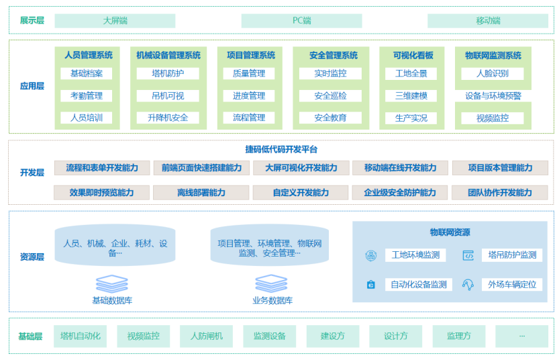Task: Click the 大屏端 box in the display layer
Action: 115,21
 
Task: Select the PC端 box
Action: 301,21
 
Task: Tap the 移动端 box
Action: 488,21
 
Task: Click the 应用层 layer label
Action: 32,86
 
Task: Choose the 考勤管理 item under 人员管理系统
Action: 87,96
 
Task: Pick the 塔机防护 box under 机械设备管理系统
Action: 168,73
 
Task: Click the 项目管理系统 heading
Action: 250,55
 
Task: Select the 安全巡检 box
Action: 331,96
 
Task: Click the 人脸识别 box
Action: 493,73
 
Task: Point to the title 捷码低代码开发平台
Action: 281,149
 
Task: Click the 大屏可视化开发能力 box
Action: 301,168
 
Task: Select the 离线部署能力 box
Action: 201,193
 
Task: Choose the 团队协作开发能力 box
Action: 500,193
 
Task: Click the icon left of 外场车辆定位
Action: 468,284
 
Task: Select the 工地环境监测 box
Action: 415,255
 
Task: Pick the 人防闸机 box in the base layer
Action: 206,336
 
